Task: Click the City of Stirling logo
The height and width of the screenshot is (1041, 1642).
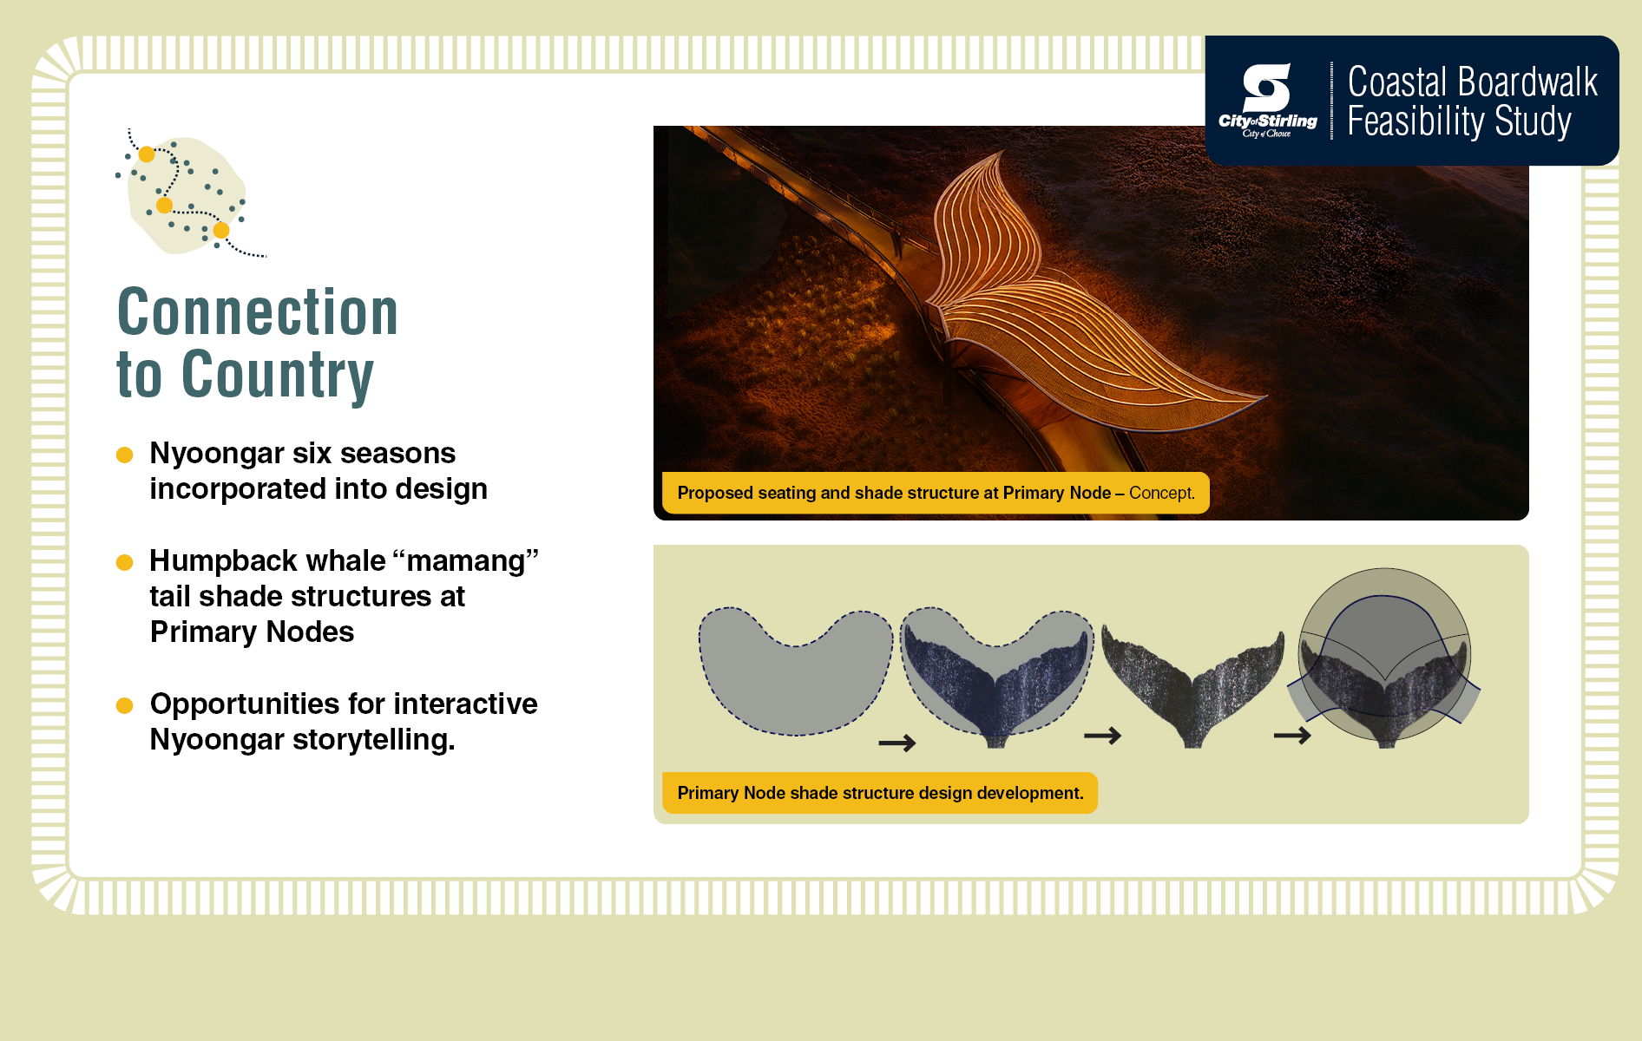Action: click(1267, 101)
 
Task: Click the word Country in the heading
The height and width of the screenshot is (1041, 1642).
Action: click(278, 375)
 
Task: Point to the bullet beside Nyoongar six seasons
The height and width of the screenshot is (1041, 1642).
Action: click(124, 455)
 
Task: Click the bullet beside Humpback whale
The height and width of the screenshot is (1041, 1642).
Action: click(124, 562)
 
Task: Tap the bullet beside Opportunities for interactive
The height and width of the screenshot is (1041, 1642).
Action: click(124, 705)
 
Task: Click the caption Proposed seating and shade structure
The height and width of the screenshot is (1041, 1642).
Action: click(936, 493)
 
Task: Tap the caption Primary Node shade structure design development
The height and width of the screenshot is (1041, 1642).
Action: click(880, 793)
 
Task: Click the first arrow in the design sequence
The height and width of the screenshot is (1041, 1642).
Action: click(897, 743)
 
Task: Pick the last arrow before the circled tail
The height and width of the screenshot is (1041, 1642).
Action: click(1292, 736)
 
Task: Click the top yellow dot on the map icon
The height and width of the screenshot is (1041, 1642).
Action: click(147, 154)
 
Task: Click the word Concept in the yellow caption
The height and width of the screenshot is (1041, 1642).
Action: click(1161, 493)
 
